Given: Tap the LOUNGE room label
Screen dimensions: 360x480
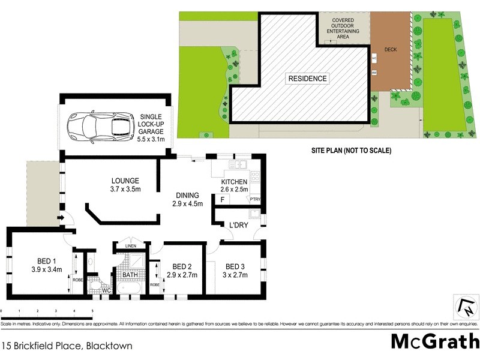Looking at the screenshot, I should tap(125, 181).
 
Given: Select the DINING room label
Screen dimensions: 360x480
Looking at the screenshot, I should tap(187, 195).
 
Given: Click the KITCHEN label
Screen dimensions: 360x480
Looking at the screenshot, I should tap(234, 182).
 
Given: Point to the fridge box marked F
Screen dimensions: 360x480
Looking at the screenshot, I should tap(223, 199).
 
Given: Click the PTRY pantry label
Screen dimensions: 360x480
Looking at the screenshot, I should tap(256, 199).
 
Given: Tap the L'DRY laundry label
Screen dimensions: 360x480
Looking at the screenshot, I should tap(239, 225).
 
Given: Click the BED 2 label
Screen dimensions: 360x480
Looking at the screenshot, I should tap(181, 266).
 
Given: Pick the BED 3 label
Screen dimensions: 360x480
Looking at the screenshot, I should tap(235, 266).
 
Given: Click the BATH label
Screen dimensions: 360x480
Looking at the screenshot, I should tap(130, 275).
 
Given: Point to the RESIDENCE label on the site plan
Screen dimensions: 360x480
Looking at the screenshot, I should tap(307, 79).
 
